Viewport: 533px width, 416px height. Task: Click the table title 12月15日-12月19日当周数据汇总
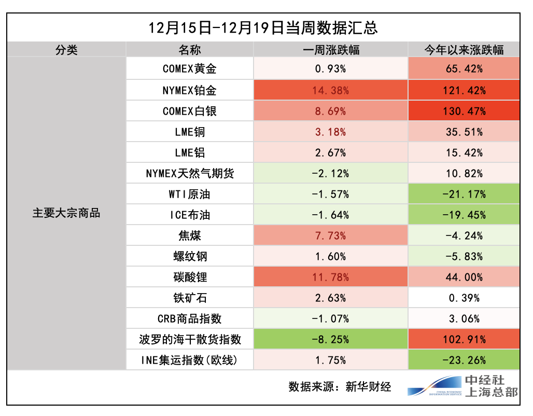click(x=263, y=27)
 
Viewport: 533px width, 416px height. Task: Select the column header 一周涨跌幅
click(x=331, y=50)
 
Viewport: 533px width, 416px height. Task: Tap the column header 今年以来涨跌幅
click(x=464, y=50)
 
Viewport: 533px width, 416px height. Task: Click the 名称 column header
click(x=190, y=50)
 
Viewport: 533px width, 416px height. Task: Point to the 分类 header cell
click(x=67, y=50)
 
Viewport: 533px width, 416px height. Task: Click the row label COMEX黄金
click(x=190, y=69)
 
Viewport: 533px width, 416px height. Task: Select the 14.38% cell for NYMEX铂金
click(x=331, y=90)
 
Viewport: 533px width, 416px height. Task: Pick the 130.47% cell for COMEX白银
click(x=464, y=111)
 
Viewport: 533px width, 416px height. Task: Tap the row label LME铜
click(x=190, y=132)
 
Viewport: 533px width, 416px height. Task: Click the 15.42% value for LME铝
click(x=464, y=152)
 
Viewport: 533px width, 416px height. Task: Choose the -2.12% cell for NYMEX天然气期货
click(x=331, y=173)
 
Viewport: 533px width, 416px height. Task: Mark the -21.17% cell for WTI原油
click(x=464, y=194)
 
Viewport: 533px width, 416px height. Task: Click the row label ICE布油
click(x=190, y=215)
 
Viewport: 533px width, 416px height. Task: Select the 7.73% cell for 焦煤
click(x=331, y=235)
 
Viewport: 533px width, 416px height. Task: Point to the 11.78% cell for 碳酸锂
click(x=331, y=277)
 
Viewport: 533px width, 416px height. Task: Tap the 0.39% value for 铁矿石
click(x=464, y=298)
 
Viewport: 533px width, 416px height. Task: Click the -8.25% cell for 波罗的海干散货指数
click(x=331, y=339)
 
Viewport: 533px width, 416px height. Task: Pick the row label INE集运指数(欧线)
click(x=190, y=360)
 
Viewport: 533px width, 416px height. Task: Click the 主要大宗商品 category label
click(x=67, y=213)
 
